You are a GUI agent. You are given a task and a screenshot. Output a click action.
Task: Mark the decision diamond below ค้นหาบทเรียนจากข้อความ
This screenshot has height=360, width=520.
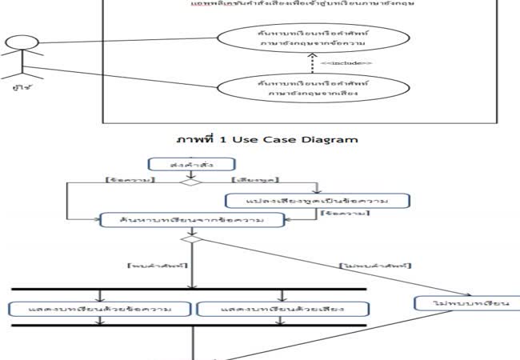pos(191,238)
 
